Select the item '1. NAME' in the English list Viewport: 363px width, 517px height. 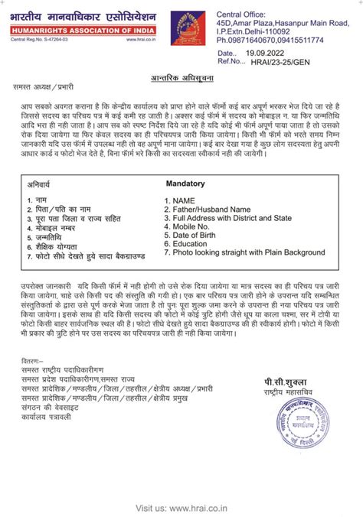pos(185,201)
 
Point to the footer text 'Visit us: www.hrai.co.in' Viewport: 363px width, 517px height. pos(181,508)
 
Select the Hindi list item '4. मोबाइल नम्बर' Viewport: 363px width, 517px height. pos(56,228)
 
